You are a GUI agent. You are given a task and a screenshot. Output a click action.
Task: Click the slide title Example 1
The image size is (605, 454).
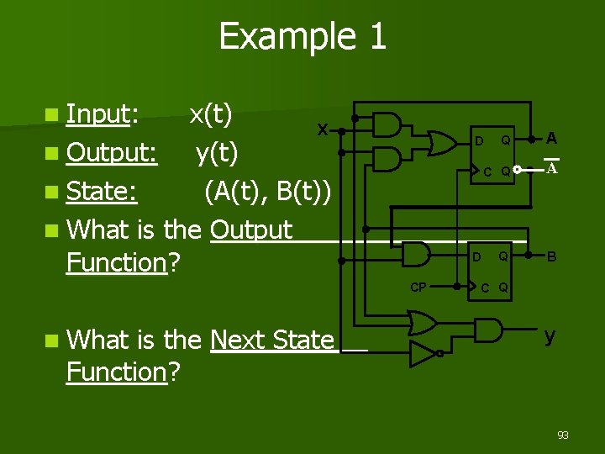[302, 36]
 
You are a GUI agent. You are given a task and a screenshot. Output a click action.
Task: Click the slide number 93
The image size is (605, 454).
[563, 435]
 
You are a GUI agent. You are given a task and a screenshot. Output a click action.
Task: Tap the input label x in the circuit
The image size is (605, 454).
[322, 129]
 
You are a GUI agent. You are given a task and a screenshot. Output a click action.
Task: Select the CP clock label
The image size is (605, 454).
[418, 288]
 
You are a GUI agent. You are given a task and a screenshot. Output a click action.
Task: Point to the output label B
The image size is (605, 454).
[551, 256]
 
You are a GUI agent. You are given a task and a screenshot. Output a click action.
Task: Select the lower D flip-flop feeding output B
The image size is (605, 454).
[492, 269]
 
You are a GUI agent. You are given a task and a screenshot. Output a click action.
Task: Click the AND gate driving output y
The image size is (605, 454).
[488, 330]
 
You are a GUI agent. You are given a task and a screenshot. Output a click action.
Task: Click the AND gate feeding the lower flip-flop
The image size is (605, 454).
[418, 253]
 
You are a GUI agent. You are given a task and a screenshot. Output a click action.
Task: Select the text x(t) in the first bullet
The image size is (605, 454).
[211, 113]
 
